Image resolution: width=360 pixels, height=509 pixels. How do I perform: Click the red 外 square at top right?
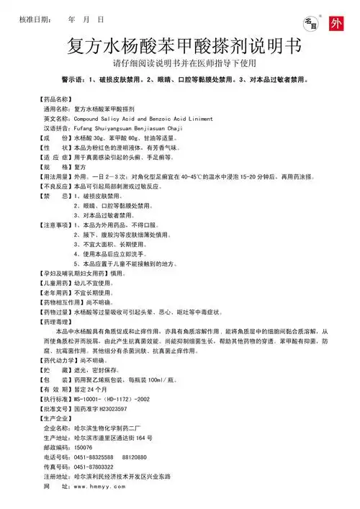(x=336, y=22)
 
